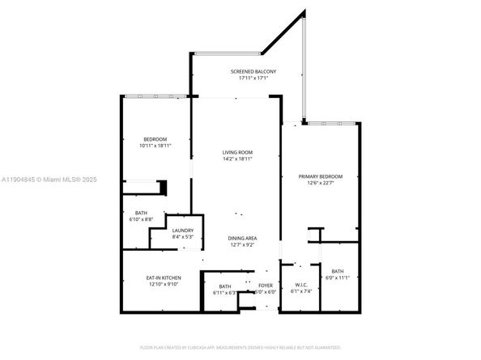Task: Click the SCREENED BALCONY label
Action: pos(253,72)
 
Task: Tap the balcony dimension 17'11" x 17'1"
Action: pos(253,79)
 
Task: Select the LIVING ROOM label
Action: pos(238,152)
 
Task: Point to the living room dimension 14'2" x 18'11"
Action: pos(238,159)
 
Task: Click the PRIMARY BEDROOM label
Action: pos(321,176)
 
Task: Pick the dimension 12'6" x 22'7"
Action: pos(321,184)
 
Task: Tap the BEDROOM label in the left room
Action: pos(155,139)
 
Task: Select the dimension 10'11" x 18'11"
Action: pos(155,146)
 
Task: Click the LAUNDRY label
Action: pos(183,230)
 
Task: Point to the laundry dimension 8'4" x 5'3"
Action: pos(183,237)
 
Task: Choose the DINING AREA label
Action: pos(242,238)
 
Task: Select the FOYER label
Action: pos(266,286)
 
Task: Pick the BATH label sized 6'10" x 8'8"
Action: pos(141,213)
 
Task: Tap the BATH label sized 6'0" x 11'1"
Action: pos(338,271)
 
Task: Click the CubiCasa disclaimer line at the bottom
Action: pos(240,347)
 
